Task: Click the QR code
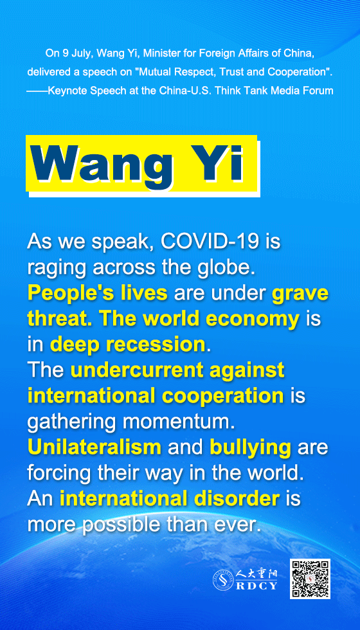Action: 310,579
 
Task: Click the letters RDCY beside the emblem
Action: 256,586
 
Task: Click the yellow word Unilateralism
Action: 94,447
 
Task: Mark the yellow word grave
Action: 301,294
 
